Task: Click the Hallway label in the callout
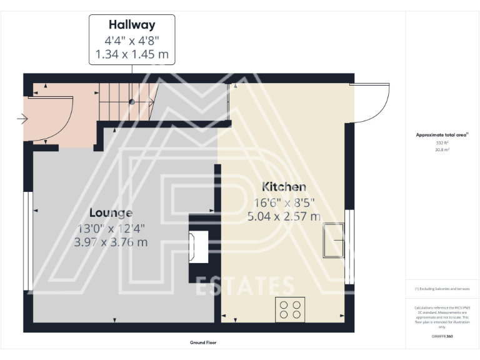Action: (x=131, y=26)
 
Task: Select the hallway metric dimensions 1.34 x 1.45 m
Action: (x=131, y=55)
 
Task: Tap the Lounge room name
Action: (x=111, y=212)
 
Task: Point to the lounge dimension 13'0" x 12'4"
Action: (x=111, y=228)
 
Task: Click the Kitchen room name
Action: (x=284, y=187)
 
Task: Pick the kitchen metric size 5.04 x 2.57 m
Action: (x=284, y=217)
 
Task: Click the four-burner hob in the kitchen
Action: (x=291, y=309)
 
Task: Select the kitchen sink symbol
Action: (x=333, y=239)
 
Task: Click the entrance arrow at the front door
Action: (x=22, y=119)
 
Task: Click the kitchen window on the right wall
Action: (x=350, y=247)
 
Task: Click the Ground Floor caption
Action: (x=203, y=342)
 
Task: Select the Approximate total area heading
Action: (x=442, y=134)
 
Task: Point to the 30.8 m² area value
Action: (x=442, y=149)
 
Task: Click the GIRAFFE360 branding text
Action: (x=442, y=336)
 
